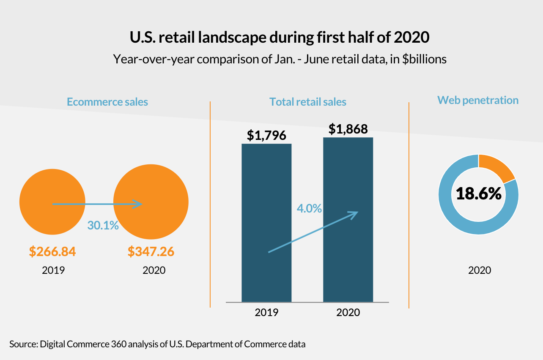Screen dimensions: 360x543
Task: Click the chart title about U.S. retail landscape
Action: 279,38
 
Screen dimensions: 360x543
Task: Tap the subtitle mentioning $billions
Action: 280,59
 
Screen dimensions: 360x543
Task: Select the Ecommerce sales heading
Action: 107,102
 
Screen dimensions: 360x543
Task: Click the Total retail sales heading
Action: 308,102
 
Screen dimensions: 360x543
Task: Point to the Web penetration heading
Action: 478,100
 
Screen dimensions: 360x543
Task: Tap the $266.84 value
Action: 52,252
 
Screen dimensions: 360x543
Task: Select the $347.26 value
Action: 151,252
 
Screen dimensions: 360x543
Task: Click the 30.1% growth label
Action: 103,225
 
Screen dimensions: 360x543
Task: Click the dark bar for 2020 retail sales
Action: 348,177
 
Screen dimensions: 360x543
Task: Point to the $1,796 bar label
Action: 266,136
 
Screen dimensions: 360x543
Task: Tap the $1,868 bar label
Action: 348,128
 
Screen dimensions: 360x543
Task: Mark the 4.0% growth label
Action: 309,208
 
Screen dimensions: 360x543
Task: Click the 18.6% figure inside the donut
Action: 478,194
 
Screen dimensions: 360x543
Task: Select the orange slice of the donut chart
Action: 496,166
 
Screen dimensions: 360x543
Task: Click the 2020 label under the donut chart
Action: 480,270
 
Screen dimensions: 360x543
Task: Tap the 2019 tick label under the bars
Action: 266,313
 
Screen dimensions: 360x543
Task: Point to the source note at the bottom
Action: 157,344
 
